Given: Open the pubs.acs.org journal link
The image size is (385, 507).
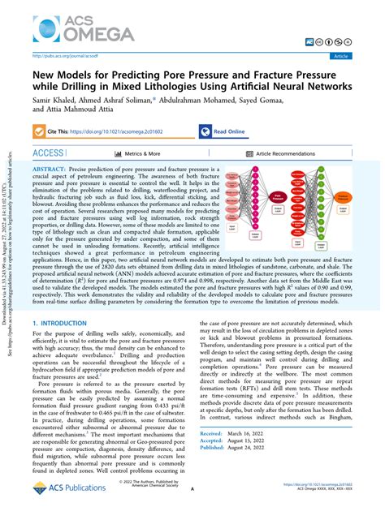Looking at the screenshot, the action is tap(66, 57).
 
